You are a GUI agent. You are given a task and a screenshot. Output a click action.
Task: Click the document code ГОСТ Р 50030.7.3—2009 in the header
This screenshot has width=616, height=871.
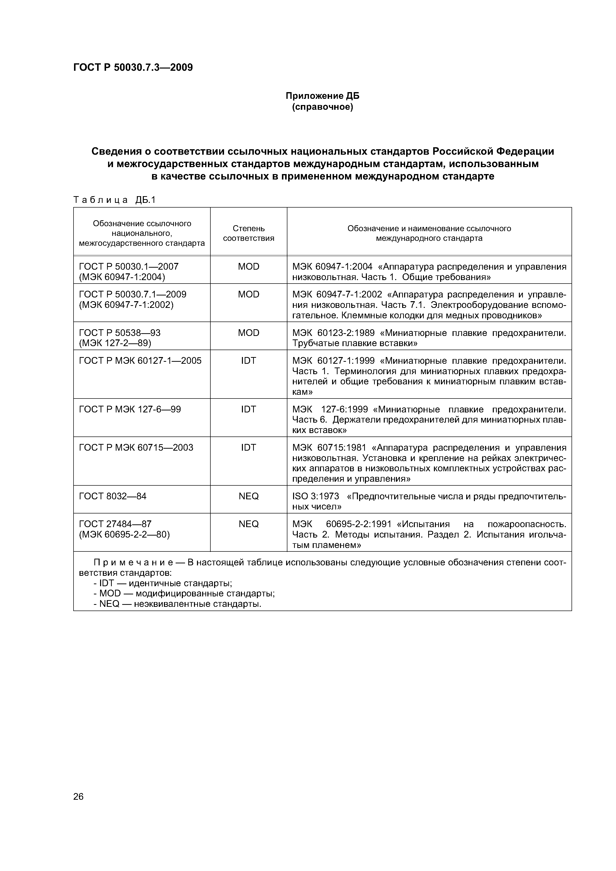pyautogui.click(x=133, y=68)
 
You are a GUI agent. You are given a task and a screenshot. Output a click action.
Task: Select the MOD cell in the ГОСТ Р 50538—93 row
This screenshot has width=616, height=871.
pyautogui.click(x=249, y=333)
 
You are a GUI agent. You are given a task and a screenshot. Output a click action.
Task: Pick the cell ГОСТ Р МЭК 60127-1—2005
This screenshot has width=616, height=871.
pyautogui.click(x=140, y=361)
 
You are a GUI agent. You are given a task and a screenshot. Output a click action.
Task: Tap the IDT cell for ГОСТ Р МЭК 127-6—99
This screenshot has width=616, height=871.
pyautogui.click(x=249, y=409)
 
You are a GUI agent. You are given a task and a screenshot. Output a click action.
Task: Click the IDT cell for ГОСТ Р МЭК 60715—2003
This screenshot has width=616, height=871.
pyautogui.click(x=249, y=448)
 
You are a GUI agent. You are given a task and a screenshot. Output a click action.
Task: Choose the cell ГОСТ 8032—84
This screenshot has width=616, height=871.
pyautogui.click(x=113, y=496)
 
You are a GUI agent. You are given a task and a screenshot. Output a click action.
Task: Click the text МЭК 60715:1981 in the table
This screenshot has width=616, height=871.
pyautogui.click(x=329, y=448)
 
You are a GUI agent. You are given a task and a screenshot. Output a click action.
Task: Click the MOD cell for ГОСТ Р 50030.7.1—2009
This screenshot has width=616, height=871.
pyautogui.click(x=249, y=294)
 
